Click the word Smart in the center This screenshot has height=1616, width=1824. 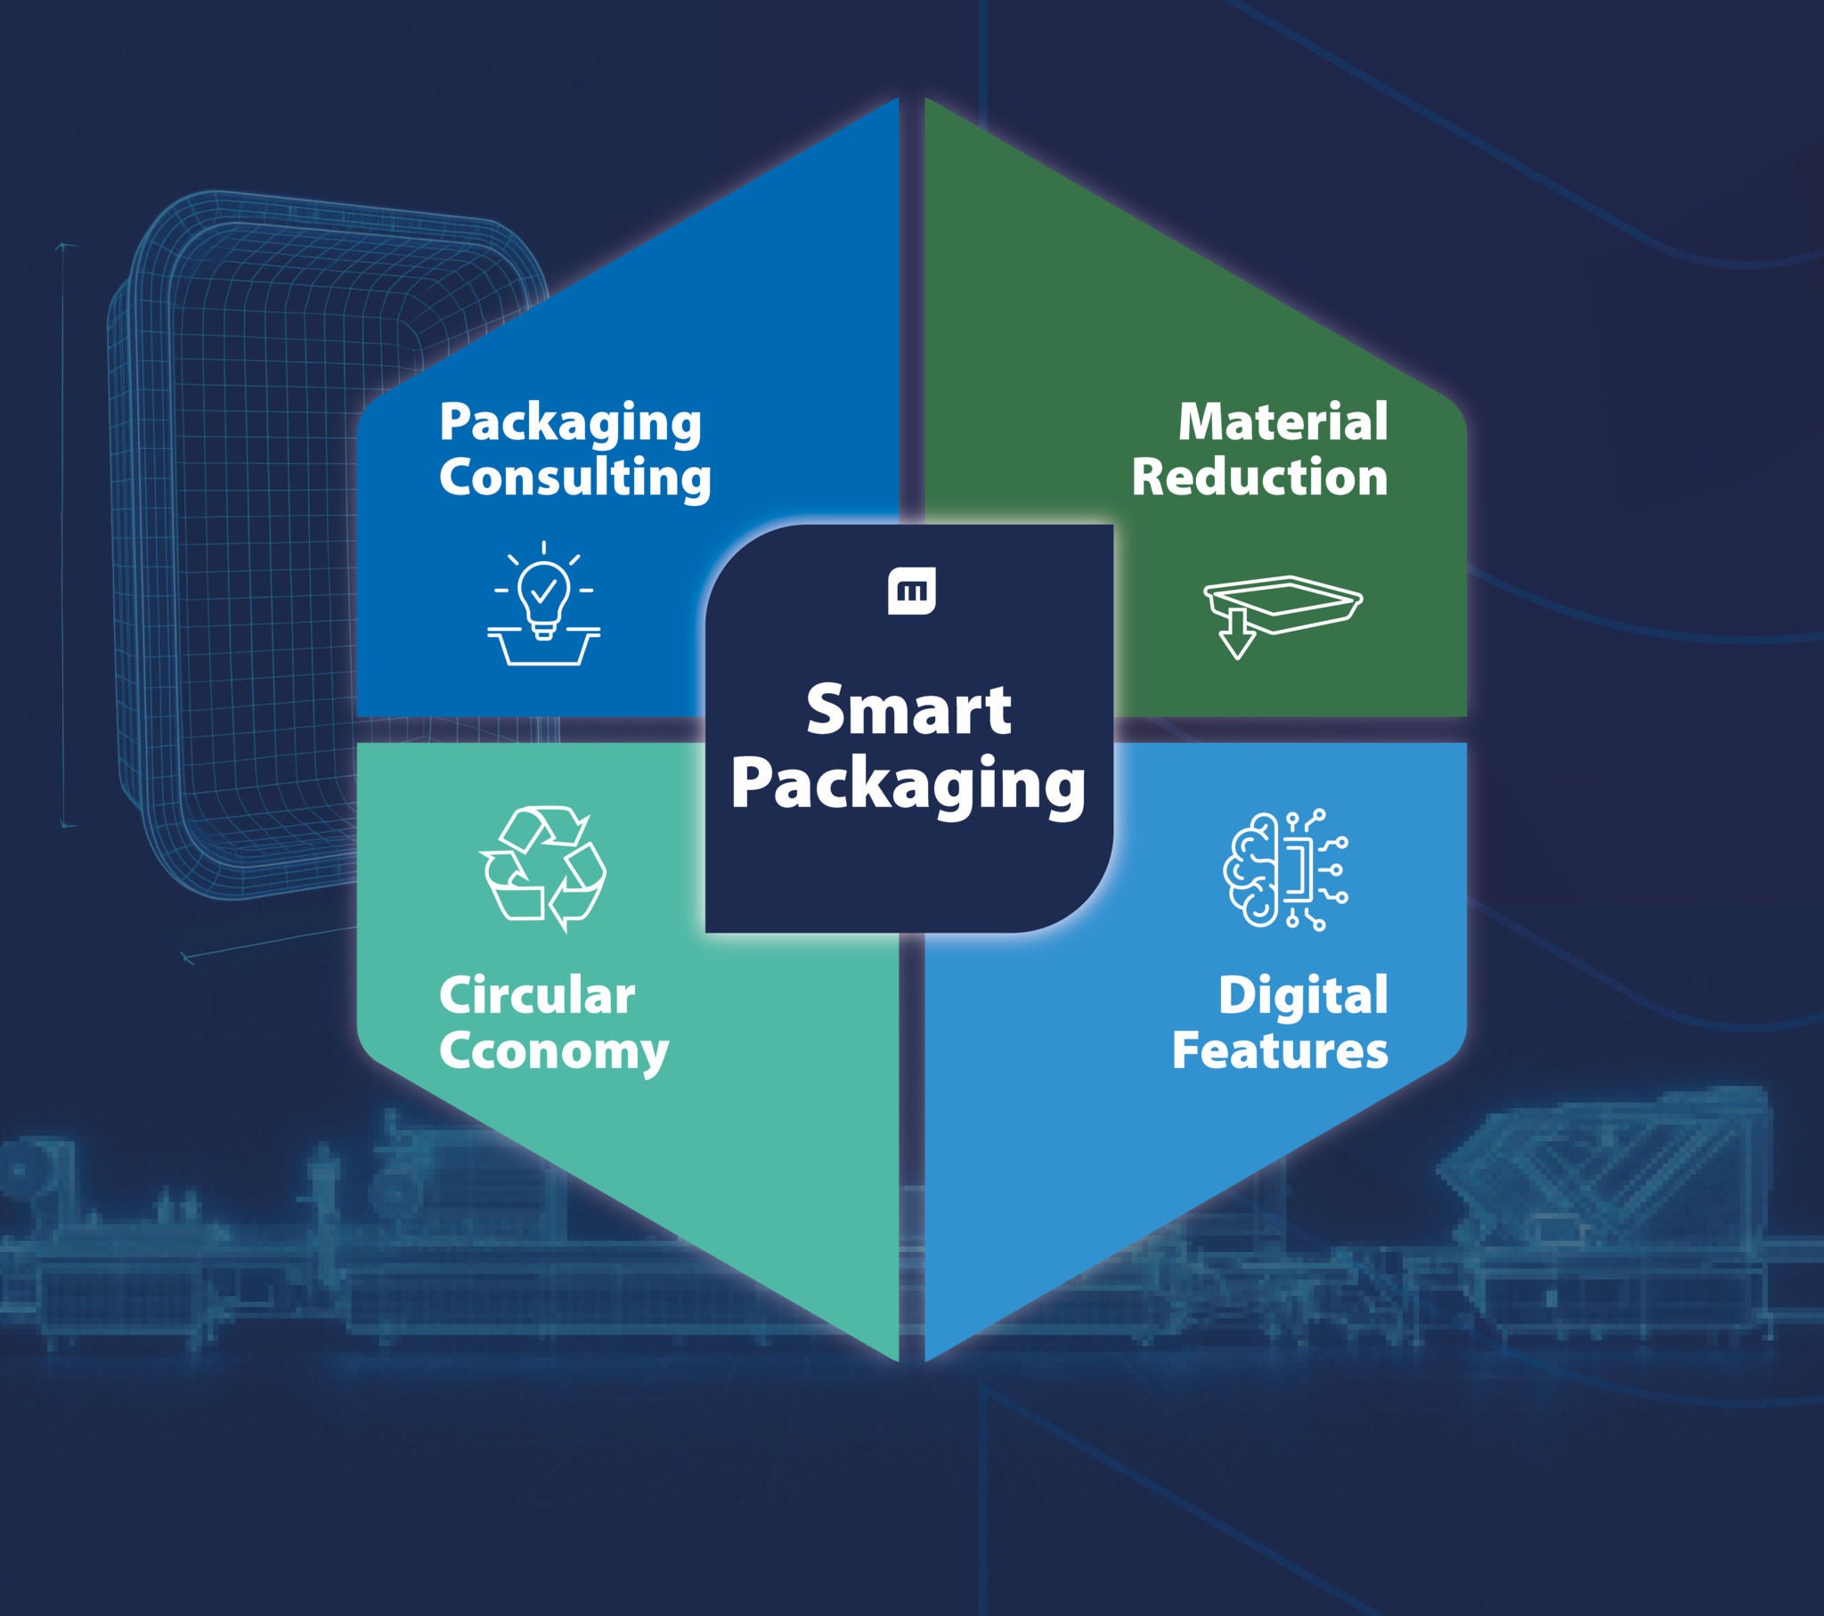click(908, 711)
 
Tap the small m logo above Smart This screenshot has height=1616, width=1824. click(911, 590)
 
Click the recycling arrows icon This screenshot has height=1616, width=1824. click(543, 869)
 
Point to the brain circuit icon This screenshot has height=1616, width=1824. click(1285, 869)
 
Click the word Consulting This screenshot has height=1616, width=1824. click(574, 477)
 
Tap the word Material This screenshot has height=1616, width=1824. click(1282, 421)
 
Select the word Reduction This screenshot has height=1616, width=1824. click(1259, 477)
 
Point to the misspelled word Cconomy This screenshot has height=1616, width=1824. click(553, 1052)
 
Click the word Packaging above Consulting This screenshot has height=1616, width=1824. click(569, 423)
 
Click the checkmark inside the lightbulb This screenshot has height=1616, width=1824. click(543, 589)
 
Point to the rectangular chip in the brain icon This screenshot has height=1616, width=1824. click(1297, 869)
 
